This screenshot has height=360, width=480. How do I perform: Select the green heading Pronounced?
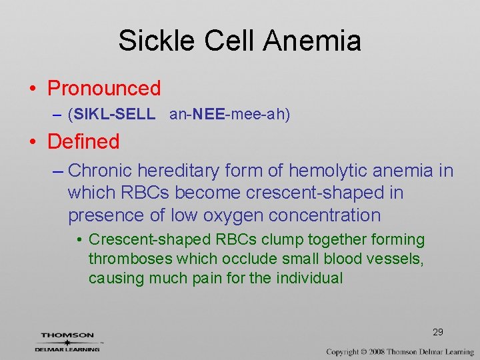(x=104, y=88)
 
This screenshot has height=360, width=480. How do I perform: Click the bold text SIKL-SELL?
(x=115, y=115)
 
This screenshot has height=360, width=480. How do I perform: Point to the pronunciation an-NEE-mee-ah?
(x=230, y=115)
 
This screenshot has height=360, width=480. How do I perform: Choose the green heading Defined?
(x=83, y=141)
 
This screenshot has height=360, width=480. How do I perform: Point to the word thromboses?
(x=126, y=259)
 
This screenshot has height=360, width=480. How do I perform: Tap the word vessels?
(x=398, y=259)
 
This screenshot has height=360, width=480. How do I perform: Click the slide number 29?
(x=438, y=332)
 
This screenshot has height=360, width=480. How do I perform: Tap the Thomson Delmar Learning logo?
(x=67, y=341)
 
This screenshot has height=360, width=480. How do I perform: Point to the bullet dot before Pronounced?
(x=31, y=89)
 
